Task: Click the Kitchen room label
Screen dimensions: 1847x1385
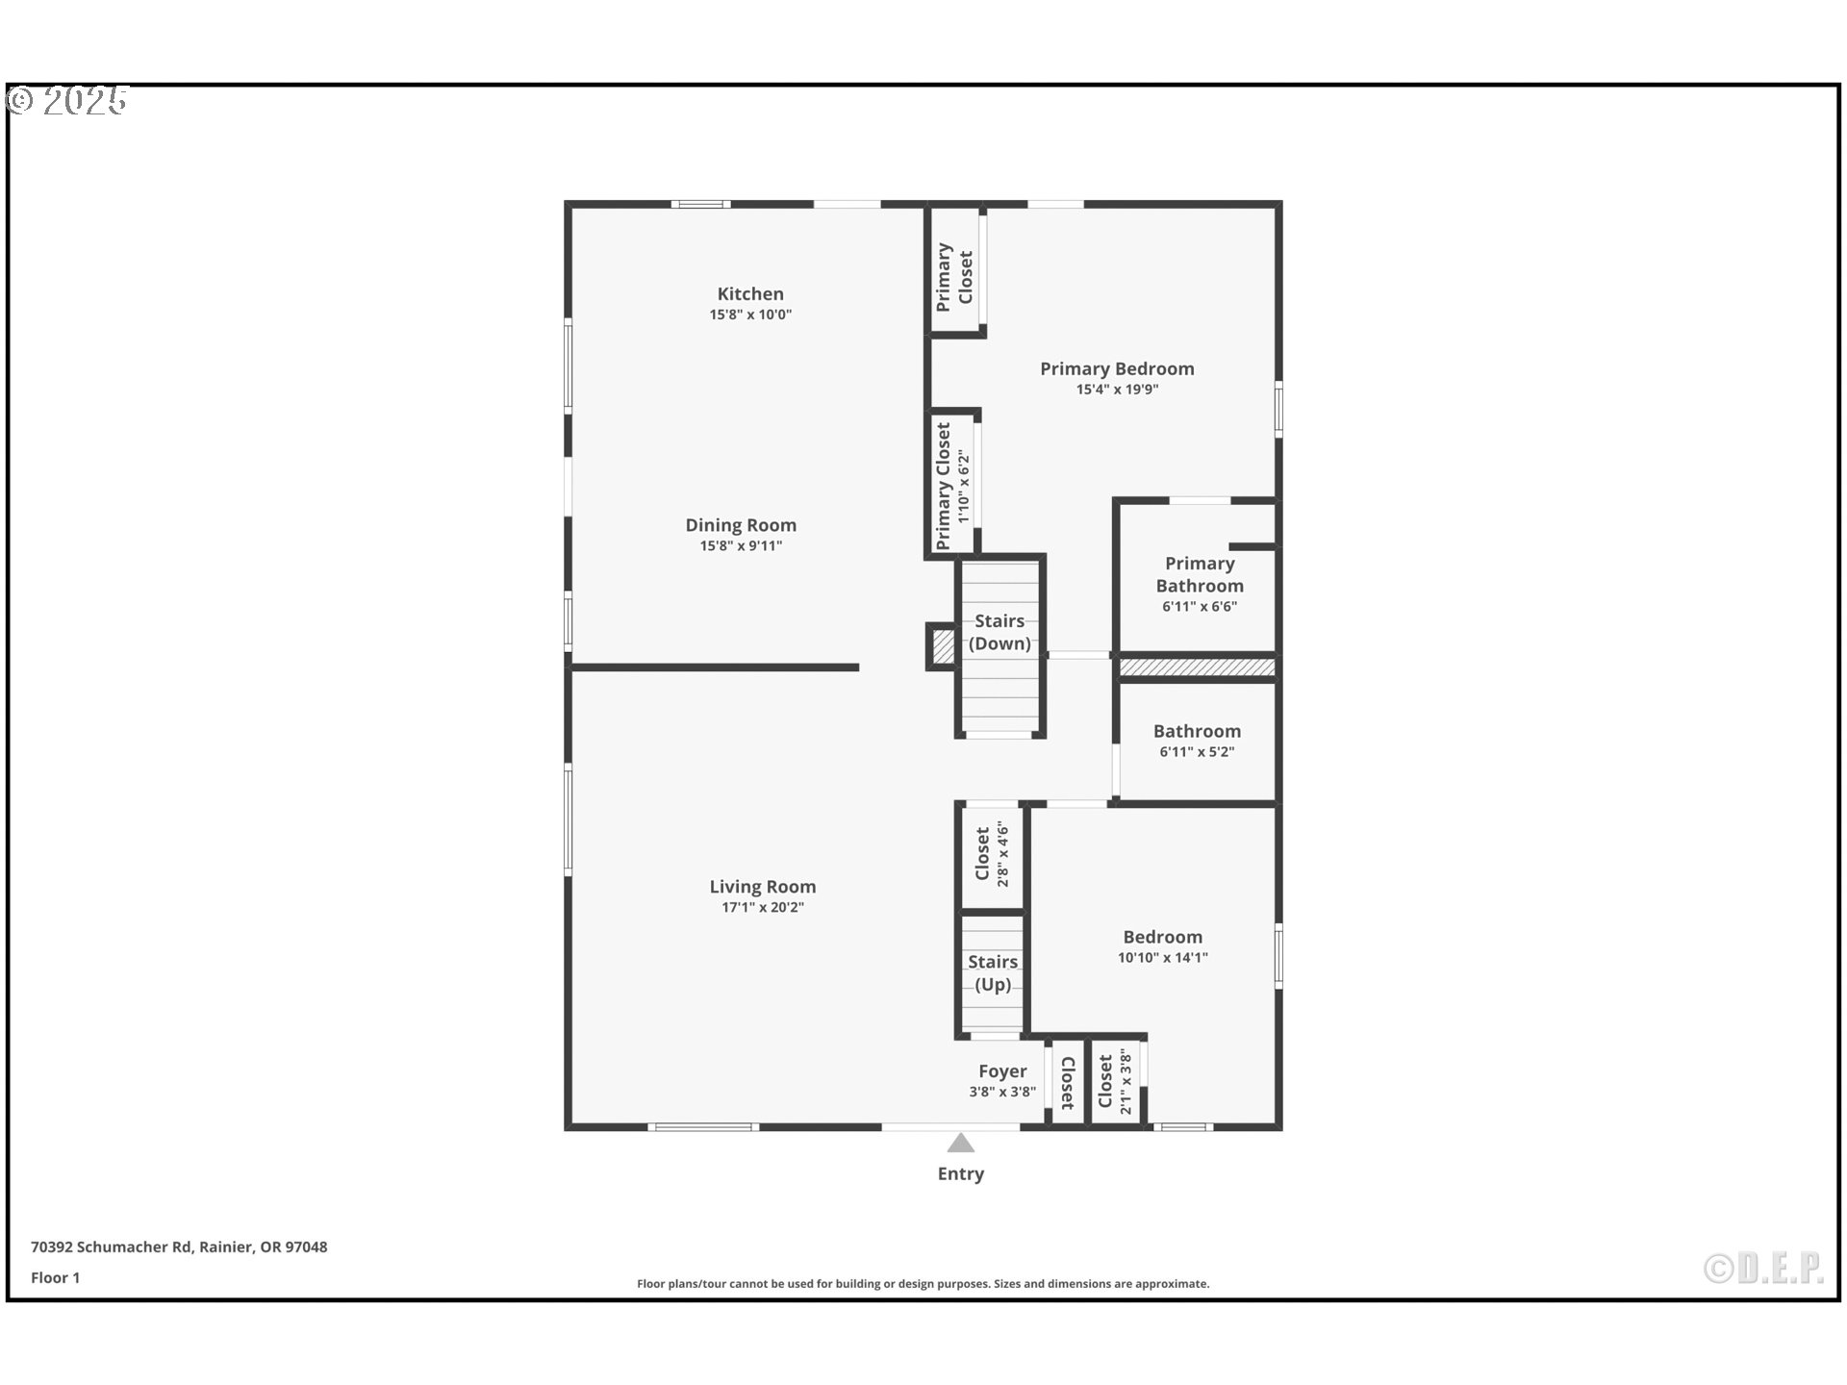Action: (750, 294)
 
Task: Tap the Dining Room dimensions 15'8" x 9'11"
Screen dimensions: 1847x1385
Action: (741, 546)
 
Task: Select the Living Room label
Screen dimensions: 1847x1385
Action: (763, 887)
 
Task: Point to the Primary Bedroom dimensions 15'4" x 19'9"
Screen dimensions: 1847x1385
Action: (1117, 390)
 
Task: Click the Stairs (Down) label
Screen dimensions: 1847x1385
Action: (999, 632)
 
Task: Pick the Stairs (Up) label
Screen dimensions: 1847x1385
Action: (993, 972)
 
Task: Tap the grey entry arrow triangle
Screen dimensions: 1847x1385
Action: (961, 1143)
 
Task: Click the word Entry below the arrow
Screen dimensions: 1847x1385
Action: (961, 1173)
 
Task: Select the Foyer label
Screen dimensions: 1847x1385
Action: (1002, 1071)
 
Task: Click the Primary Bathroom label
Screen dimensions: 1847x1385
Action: (1200, 574)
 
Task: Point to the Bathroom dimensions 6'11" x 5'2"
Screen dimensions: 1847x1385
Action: (1197, 752)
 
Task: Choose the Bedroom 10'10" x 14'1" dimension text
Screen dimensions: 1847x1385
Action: (1163, 958)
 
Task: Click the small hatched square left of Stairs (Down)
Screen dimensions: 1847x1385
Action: (944, 646)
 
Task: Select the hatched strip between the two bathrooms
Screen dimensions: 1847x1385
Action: (1198, 667)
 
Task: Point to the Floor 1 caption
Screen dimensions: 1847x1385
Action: (55, 1277)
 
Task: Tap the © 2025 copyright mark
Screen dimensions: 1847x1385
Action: (67, 101)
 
